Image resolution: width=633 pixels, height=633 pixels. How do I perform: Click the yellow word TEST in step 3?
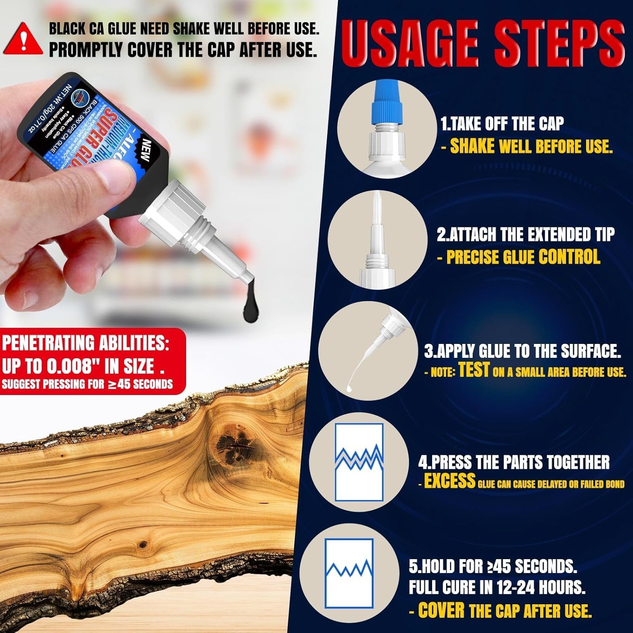473,370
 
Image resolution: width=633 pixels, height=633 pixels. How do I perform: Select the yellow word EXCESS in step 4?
449,481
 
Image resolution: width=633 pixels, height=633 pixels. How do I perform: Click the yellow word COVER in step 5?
441,611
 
